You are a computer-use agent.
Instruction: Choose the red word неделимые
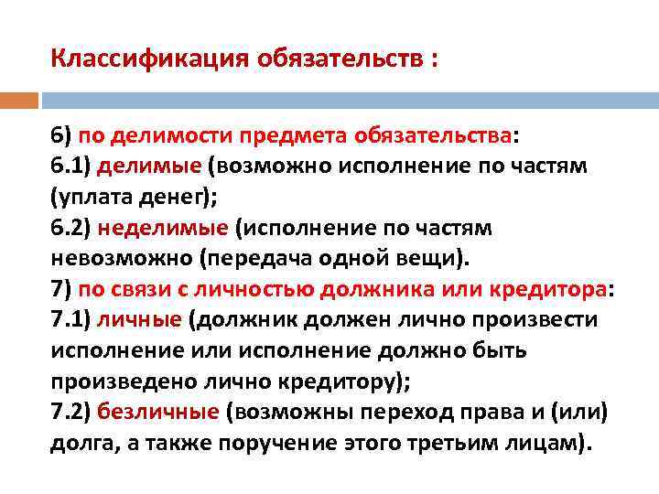(x=152, y=227)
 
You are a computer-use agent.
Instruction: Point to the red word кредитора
(x=550, y=288)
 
